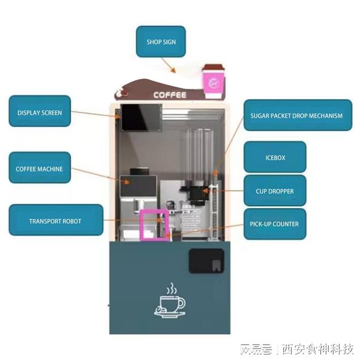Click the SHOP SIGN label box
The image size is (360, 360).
pos(161,42)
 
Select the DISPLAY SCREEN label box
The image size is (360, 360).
pos(39,113)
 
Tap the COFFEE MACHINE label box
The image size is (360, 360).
pos(39,169)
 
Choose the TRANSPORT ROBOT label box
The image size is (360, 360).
pos(55,221)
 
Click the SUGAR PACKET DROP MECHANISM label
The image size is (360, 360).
pos(297,115)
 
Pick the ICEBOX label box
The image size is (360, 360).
pos(275,157)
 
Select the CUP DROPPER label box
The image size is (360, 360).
pos(274,191)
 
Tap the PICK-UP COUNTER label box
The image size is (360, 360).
pos(274,224)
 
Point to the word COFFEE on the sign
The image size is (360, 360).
pos(170,95)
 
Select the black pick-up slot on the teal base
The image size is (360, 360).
pos(206,261)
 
